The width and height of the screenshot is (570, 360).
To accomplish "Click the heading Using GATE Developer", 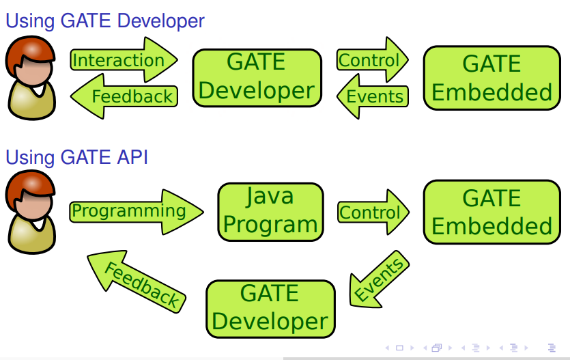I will point(105,20).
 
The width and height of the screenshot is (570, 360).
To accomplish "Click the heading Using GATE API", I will point(76,157).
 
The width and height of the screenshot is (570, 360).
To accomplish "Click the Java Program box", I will point(270,211).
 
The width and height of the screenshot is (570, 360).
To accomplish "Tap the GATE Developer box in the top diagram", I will point(257,77).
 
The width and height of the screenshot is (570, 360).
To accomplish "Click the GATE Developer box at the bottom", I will point(270,308).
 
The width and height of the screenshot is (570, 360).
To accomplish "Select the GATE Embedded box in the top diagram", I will point(491,77).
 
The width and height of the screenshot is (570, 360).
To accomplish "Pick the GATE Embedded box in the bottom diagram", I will point(491,212).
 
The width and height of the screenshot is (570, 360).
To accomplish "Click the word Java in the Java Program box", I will point(270,197).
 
